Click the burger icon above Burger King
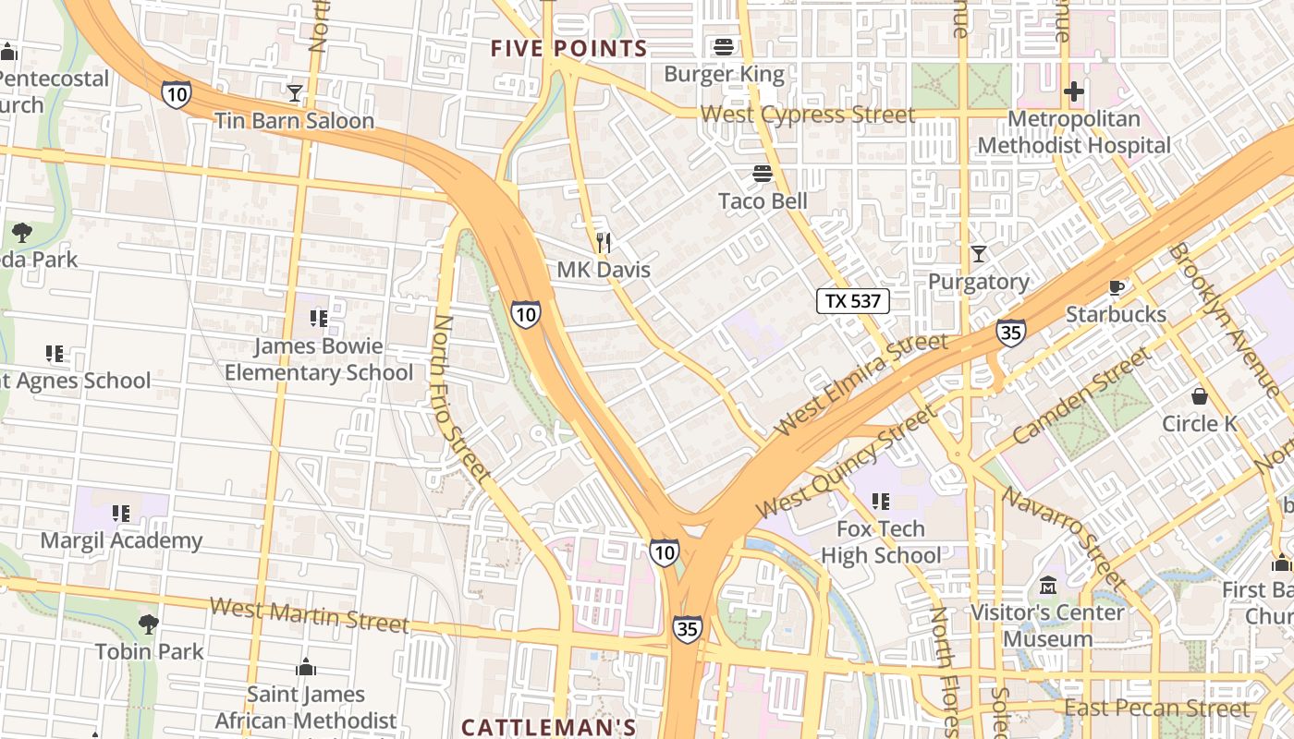click(723, 46)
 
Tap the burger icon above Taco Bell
click(763, 174)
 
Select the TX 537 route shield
click(853, 300)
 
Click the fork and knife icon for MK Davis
click(604, 243)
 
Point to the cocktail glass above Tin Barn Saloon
click(294, 93)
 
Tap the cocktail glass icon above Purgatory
click(979, 254)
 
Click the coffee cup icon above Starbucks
click(1116, 287)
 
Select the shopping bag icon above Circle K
click(1200, 396)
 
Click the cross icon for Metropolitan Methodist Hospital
click(1073, 92)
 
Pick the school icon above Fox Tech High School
click(881, 502)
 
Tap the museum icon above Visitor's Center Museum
click(1047, 586)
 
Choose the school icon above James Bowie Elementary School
click(319, 320)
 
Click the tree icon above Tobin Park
click(148, 624)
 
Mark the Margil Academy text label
click(121, 540)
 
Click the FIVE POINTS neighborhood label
click(568, 49)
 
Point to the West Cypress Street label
click(807, 115)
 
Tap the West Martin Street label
click(309, 615)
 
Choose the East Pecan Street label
click(1156, 709)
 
